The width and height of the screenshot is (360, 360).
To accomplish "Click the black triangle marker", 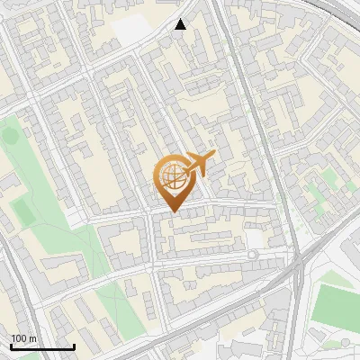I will tap(181, 24).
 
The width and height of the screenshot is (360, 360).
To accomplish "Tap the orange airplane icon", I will tap(199, 165).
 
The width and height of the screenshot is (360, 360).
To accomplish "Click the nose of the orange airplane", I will tap(212, 157).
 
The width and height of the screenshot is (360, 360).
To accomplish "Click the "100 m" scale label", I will tap(23, 338).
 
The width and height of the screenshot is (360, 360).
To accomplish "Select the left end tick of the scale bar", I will tap(11, 346).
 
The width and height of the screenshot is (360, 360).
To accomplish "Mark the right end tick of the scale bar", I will tap(74, 346).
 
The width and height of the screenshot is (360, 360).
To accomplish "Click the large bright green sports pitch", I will tap(340, 304).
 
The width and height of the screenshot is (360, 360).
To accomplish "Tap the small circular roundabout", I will tap(253, 256).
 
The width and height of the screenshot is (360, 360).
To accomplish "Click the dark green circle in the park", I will tap(10, 136).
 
